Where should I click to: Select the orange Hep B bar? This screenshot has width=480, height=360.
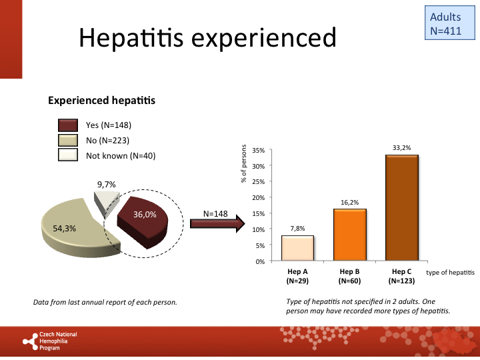(349, 235)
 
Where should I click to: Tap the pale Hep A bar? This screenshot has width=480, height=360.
(297, 248)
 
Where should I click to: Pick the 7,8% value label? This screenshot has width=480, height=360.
(297, 228)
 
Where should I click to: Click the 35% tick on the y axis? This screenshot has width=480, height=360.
(261, 150)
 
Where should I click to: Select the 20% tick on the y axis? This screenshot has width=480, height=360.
(261, 198)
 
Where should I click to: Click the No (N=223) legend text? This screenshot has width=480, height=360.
(107, 141)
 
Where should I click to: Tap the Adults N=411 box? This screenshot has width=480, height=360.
(445, 23)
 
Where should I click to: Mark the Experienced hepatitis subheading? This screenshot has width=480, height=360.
(101, 101)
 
